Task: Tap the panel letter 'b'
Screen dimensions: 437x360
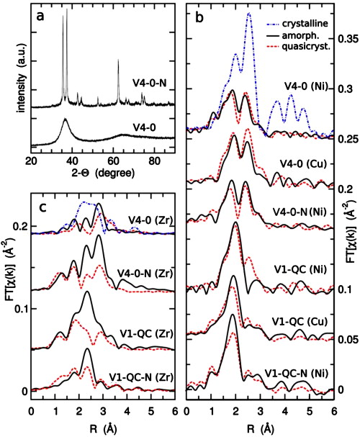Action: tap(197, 14)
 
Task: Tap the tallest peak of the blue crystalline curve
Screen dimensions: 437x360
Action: tap(249, 14)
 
